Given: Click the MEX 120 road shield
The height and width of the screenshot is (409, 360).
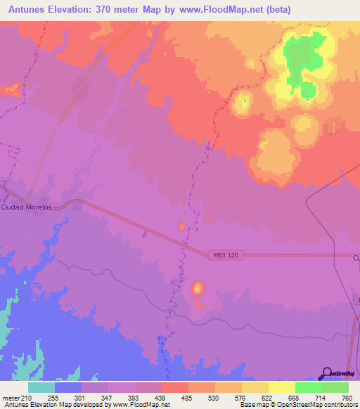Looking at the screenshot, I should [x=224, y=255].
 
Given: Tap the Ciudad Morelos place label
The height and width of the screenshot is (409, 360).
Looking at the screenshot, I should [x=27, y=207].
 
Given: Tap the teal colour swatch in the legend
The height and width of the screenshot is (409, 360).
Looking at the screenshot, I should [x=41, y=387].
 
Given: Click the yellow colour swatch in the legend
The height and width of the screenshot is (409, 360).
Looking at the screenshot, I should [x=281, y=387].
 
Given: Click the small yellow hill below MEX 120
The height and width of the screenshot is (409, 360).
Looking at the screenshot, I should [x=198, y=287].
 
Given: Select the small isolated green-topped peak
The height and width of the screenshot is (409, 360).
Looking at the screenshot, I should [x=243, y=102].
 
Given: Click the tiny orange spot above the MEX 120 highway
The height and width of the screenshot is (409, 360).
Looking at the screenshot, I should [x=181, y=226].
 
